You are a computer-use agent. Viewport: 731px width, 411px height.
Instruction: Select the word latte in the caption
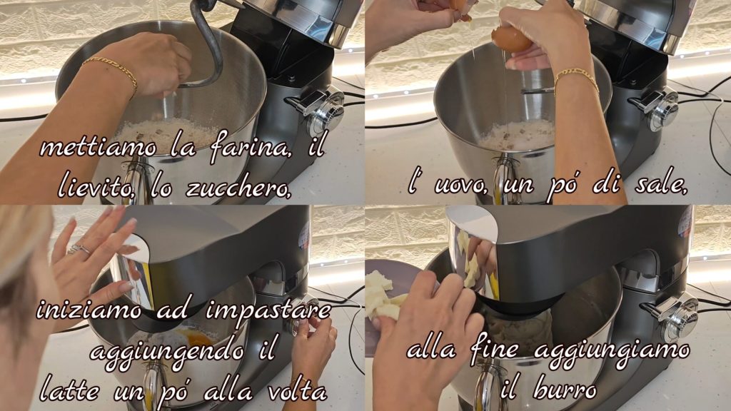(69, 390)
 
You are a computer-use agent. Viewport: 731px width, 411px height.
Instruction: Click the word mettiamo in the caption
(99, 148)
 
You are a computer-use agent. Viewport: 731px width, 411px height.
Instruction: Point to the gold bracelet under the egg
(577, 78)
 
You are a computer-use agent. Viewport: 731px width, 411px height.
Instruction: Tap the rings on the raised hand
(79, 250)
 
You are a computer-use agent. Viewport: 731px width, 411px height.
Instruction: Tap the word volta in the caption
(297, 390)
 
